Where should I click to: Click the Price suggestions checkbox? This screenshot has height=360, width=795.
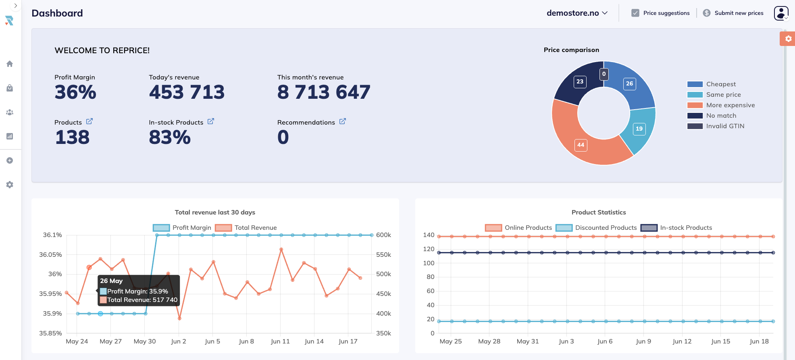coord(635,13)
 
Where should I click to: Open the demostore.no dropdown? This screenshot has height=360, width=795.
coord(577,13)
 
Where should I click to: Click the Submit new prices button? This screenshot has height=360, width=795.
coord(733,13)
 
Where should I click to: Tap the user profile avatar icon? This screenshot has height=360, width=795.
coord(781,13)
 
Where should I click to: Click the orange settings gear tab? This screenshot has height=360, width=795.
coord(788,39)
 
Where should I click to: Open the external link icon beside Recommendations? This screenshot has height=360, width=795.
coord(342,121)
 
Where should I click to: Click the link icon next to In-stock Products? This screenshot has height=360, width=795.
coord(210,121)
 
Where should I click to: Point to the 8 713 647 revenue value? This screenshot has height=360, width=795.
coord(323,92)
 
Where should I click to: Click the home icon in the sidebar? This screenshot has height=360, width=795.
coord(10,64)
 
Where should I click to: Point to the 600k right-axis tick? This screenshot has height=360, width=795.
coord(383,235)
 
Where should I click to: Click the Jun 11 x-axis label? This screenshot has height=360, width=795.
coord(280,341)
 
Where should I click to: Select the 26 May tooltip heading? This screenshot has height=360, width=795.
coord(111,281)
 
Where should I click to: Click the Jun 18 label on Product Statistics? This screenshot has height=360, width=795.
coord(759,341)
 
